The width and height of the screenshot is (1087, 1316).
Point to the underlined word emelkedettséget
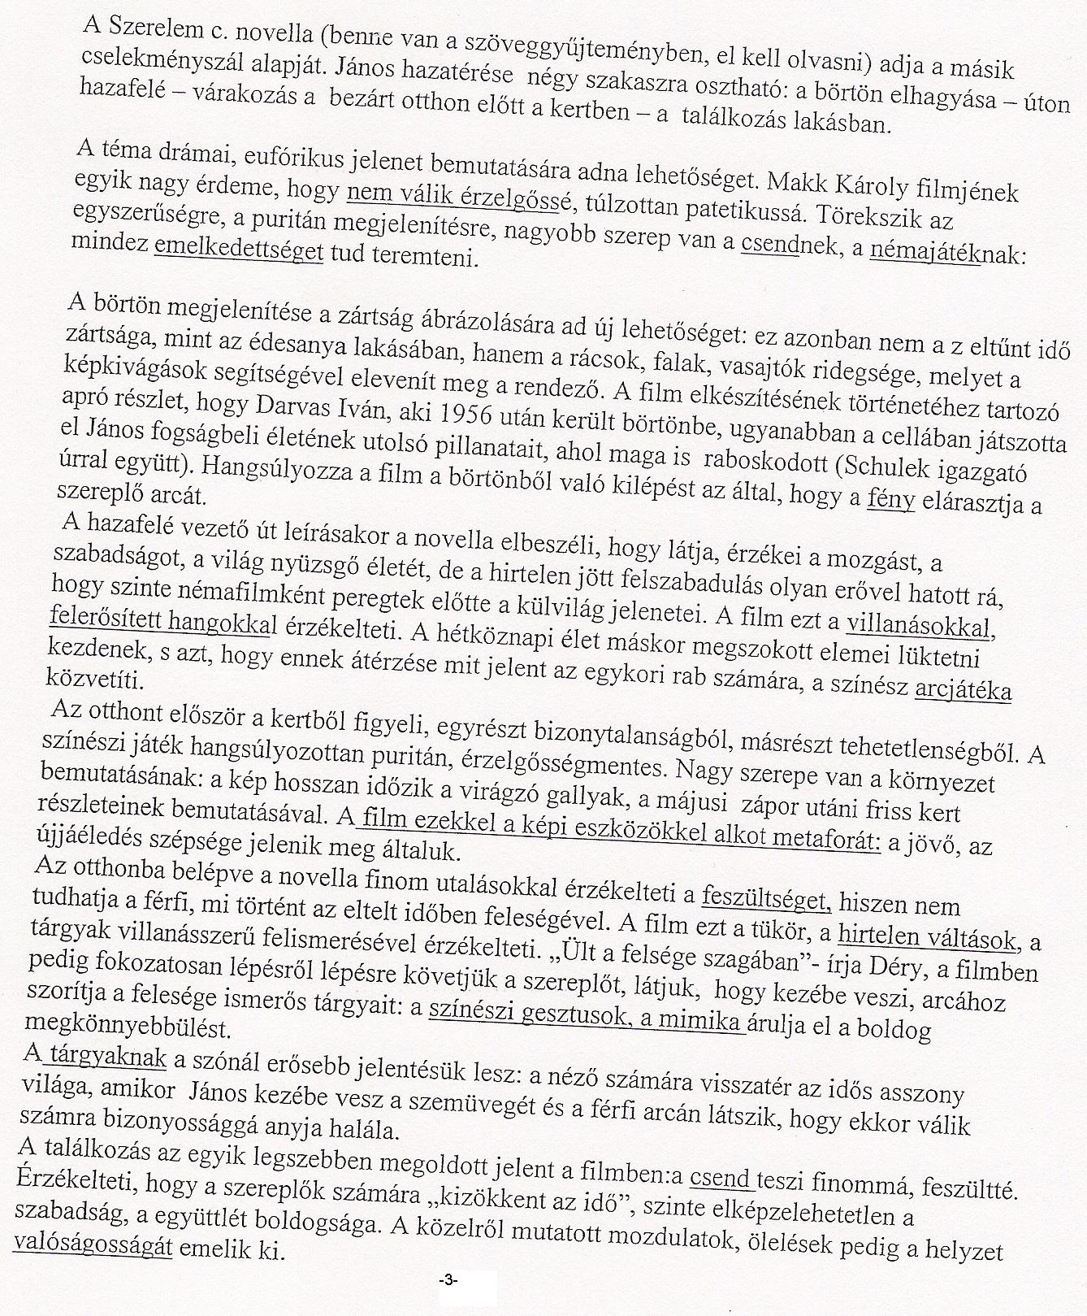(238, 250)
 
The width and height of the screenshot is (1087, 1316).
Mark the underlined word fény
(891, 499)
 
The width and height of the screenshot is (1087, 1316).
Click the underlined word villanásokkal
(920, 628)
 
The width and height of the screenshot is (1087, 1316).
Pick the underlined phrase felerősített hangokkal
(163, 623)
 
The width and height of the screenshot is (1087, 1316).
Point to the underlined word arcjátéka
(963, 692)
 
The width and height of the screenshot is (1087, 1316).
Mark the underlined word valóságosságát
(93, 1247)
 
